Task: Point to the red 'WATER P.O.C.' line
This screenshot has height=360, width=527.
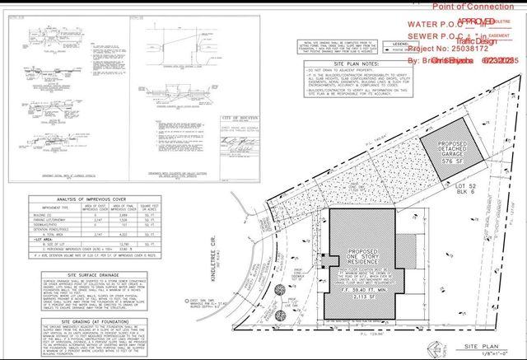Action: point(428,26)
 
